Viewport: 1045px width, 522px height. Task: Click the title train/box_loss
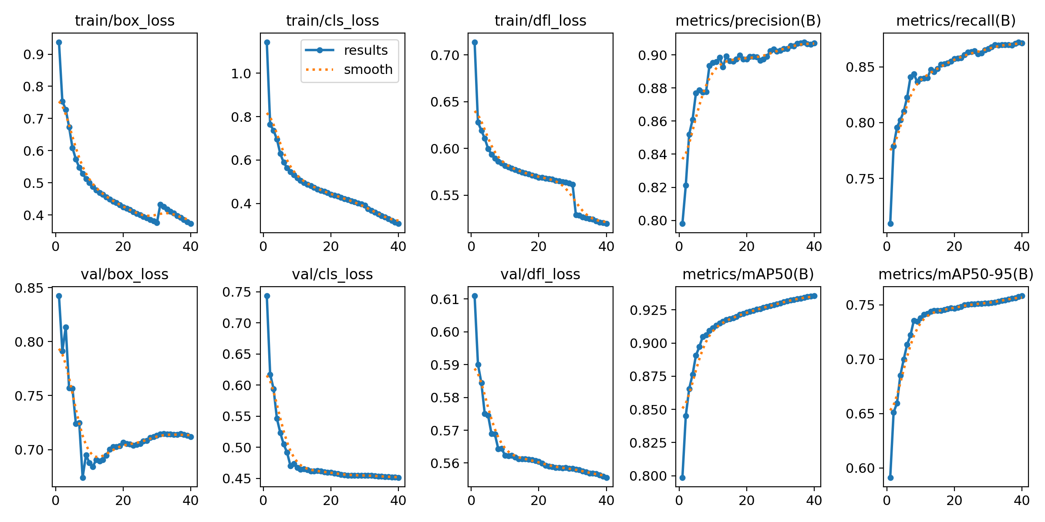(x=125, y=20)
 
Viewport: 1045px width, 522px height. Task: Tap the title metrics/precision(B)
(x=748, y=20)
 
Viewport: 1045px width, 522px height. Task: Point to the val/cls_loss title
(x=332, y=274)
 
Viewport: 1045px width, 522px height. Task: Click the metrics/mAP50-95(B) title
(x=956, y=274)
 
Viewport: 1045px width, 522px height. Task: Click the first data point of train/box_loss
(x=59, y=42)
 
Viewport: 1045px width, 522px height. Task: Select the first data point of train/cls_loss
(x=267, y=42)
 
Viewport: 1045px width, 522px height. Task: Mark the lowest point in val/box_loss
(x=83, y=478)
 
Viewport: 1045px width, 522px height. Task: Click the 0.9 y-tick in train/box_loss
(x=33, y=54)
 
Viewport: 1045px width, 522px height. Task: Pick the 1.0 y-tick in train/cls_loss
(x=241, y=74)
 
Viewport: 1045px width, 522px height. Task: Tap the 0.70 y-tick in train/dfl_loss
(x=445, y=55)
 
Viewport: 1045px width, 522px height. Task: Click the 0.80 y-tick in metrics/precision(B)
(x=652, y=221)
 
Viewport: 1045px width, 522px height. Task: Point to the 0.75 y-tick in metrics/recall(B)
(x=860, y=179)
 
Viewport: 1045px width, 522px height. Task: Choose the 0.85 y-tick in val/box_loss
(x=29, y=288)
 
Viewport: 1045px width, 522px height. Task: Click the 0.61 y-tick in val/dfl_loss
(x=445, y=299)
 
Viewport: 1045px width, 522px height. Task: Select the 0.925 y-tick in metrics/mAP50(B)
(x=648, y=310)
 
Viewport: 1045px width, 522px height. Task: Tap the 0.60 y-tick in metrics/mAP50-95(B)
(x=860, y=468)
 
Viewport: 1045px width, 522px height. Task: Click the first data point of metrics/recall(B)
(x=890, y=224)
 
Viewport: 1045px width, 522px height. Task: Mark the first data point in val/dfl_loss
(x=475, y=296)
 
